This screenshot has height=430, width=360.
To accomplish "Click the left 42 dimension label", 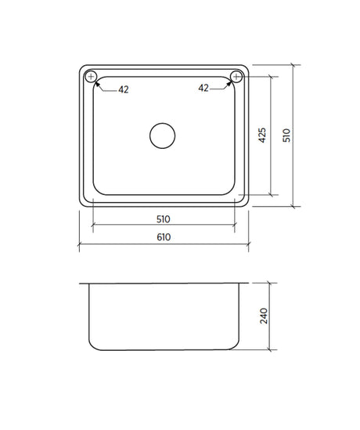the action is (x=124, y=89).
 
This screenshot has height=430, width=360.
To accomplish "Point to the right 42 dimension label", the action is (x=203, y=88).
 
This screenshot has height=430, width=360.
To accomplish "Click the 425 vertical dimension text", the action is (x=262, y=136).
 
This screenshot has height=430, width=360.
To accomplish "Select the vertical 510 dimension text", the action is (x=286, y=136).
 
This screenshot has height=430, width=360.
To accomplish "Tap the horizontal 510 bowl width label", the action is (x=164, y=219).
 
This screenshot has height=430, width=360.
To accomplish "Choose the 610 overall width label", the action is (x=164, y=237).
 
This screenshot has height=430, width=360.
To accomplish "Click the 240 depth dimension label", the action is (x=264, y=316).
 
